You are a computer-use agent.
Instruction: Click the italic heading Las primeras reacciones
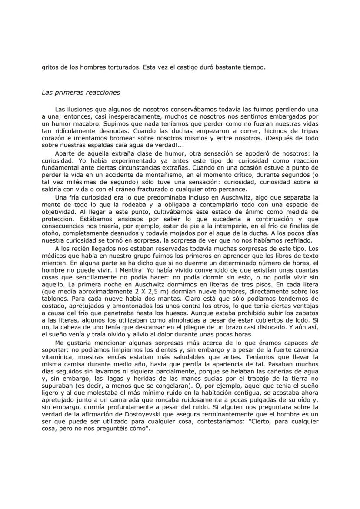[81, 92]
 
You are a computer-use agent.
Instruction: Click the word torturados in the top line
[117, 67]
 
